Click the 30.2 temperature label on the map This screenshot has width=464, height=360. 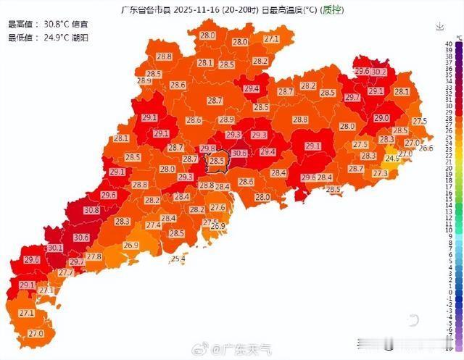(378, 72)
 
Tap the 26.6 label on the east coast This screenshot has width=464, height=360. (426, 148)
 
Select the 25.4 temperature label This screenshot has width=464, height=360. (178, 259)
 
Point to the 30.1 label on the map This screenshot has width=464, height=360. (55, 248)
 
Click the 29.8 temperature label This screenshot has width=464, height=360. (207, 148)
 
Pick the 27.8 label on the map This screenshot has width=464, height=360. (94, 257)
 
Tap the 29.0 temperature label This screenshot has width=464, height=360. (381, 117)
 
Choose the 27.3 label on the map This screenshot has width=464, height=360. (380, 173)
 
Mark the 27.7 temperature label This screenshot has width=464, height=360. (66, 273)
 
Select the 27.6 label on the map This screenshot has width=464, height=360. (217, 208)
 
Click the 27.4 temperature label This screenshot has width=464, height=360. (153, 225)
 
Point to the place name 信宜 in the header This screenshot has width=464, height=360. (81, 24)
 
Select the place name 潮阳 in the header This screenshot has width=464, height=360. (81, 36)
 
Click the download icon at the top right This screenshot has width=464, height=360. (439, 27)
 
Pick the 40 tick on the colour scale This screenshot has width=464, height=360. (450, 43)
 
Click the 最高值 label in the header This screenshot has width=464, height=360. (20, 24)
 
